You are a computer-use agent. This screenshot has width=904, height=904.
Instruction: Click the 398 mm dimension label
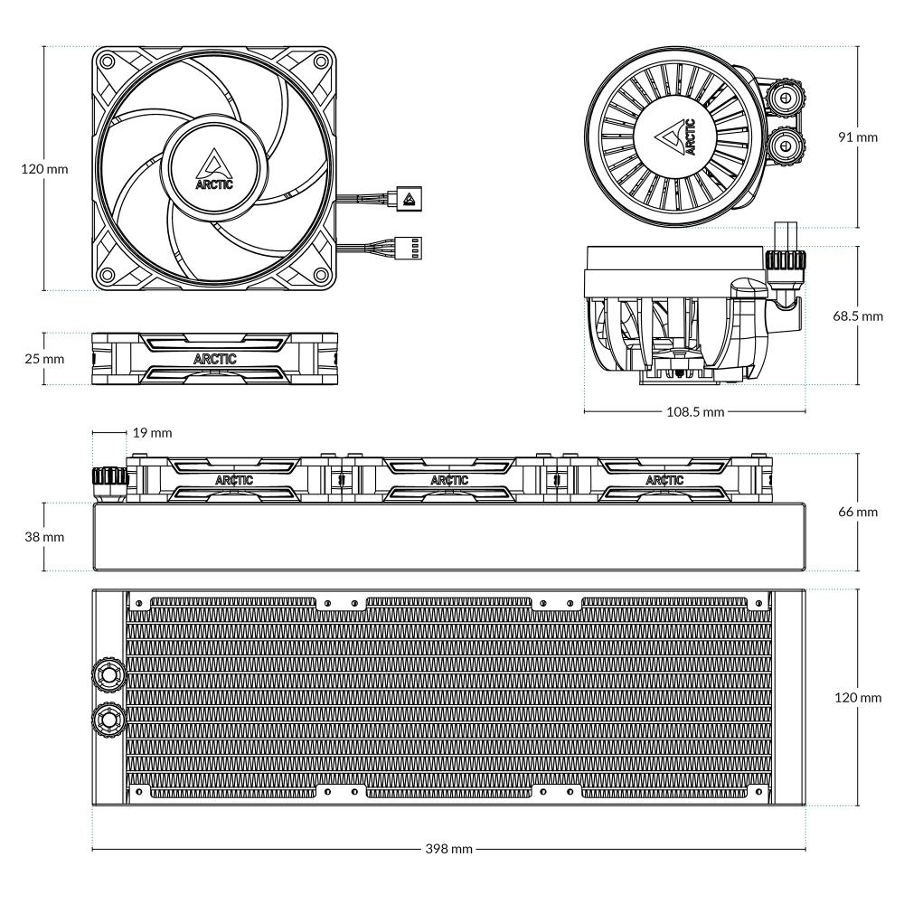pyautogui.click(x=449, y=849)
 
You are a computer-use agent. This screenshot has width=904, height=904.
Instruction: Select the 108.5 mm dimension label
pyautogui.click(x=694, y=412)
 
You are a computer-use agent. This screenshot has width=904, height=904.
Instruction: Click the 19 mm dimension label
pyautogui.click(x=152, y=433)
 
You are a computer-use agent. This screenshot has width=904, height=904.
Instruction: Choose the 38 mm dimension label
pyautogui.click(x=42, y=536)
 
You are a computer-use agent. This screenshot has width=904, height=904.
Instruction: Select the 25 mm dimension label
pyautogui.click(x=42, y=358)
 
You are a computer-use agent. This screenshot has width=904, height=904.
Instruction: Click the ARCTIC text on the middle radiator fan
pyautogui.click(x=449, y=480)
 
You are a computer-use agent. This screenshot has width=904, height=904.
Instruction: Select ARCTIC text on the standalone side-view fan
pyautogui.click(x=215, y=358)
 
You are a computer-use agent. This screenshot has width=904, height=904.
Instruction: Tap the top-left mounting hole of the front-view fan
pyautogui.click(x=108, y=62)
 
